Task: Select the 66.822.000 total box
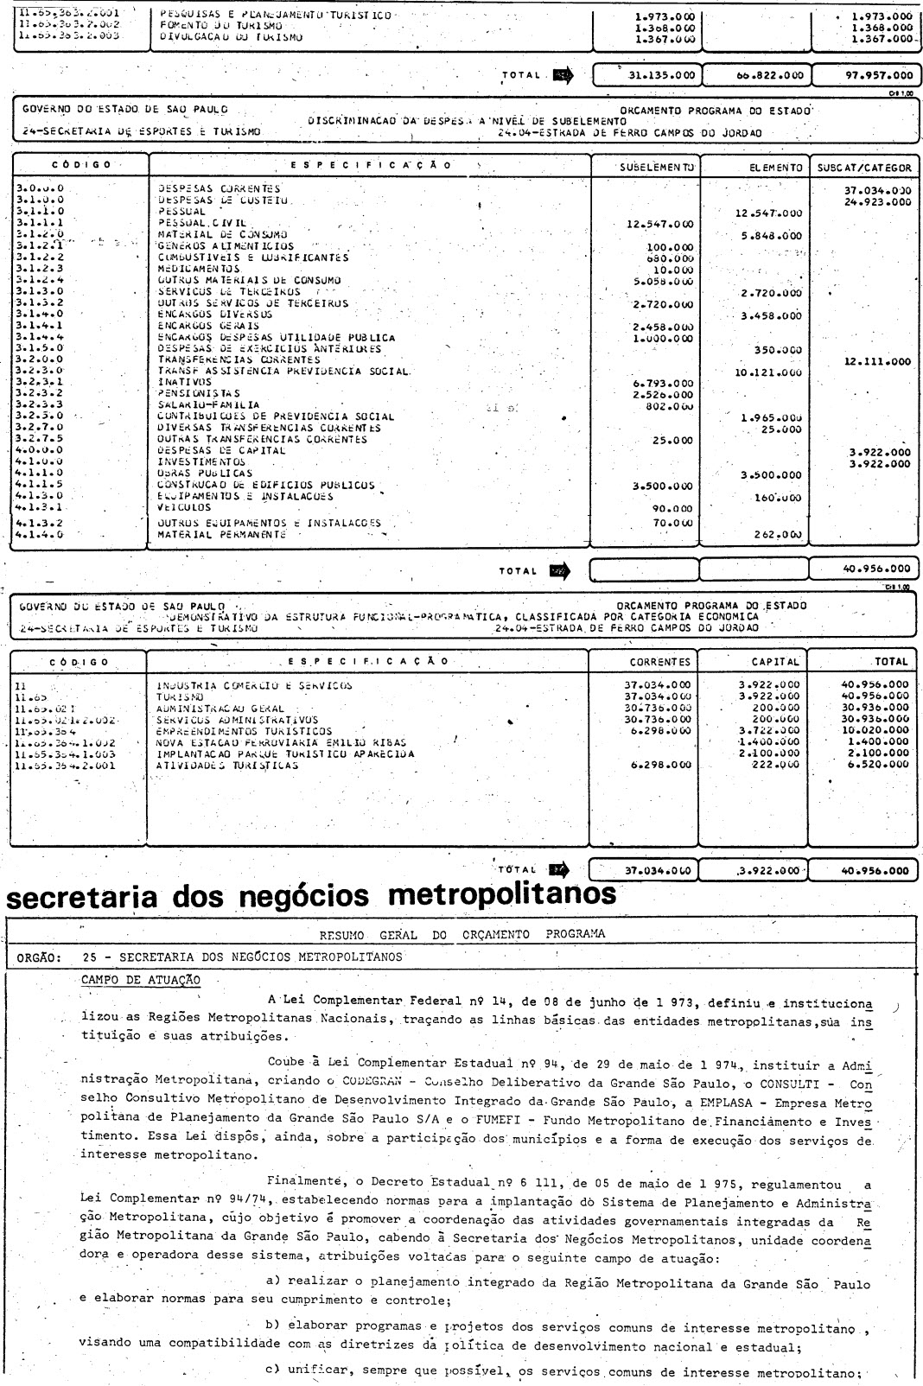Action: (x=757, y=75)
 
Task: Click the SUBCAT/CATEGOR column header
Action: (x=863, y=167)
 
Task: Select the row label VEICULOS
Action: (x=181, y=509)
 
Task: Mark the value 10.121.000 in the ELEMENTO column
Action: (x=769, y=372)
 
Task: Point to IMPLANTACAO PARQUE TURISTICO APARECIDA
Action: (x=285, y=753)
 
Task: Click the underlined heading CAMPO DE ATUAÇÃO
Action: (x=140, y=980)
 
